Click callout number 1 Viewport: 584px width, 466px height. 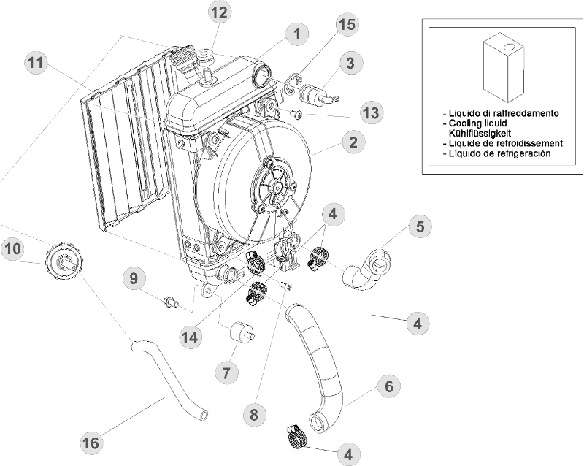coord(296,33)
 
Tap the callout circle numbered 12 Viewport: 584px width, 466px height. coord(219,12)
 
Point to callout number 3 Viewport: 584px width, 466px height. coord(350,63)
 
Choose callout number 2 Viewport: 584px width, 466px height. coord(352,142)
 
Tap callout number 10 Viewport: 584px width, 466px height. coord(12,249)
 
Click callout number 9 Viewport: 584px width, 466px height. coord(134,278)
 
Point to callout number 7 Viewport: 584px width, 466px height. coord(227,373)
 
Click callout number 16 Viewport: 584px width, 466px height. coord(90,443)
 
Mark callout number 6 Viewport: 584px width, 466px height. coord(389,386)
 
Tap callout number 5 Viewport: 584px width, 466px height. coord(420,226)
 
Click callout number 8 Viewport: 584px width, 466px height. coord(254,414)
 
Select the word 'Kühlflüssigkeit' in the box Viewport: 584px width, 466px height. coord(483,134)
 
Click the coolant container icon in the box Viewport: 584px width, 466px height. coord(504,72)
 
